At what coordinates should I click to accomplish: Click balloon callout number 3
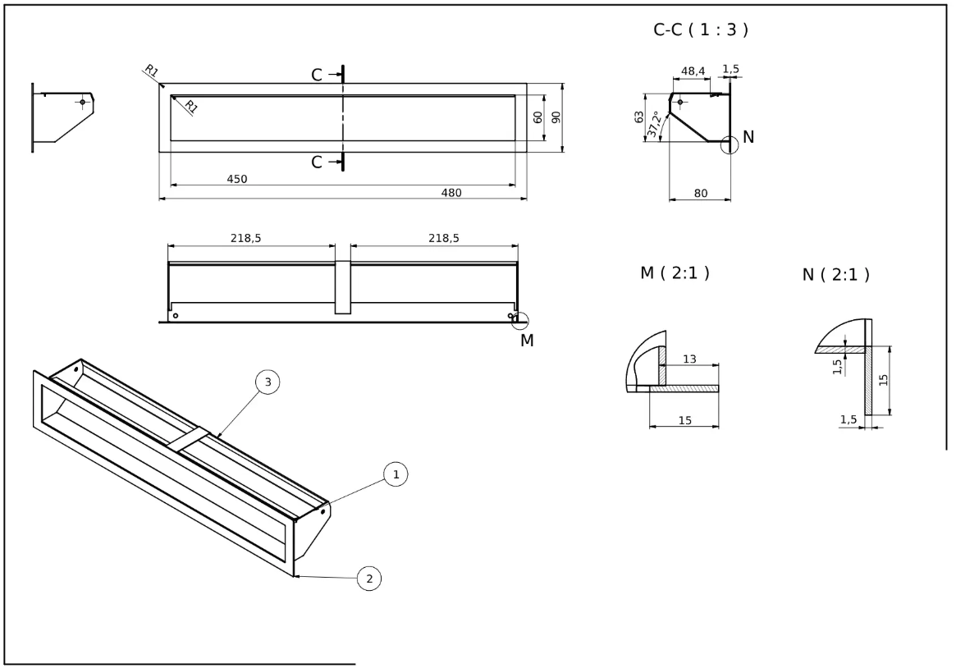(x=268, y=382)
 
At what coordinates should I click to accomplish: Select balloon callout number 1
(x=396, y=474)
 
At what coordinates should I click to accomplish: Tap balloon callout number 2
(x=369, y=579)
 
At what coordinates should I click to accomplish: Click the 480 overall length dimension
(x=451, y=193)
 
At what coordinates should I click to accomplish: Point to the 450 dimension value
(x=237, y=179)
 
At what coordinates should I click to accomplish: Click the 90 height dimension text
(x=556, y=117)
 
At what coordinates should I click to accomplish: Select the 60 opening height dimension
(x=538, y=117)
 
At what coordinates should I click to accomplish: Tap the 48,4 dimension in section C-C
(x=693, y=72)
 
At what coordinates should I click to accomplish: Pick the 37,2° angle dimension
(x=654, y=124)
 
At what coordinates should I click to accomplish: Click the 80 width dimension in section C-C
(x=701, y=194)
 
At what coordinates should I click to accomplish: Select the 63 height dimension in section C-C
(x=639, y=117)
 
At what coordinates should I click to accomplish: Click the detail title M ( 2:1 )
(x=675, y=272)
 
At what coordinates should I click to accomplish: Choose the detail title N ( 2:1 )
(x=835, y=275)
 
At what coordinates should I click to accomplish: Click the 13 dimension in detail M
(x=689, y=359)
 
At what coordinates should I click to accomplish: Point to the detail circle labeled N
(x=730, y=144)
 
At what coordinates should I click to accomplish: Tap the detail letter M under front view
(x=526, y=340)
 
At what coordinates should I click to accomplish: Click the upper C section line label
(x=318, y=75)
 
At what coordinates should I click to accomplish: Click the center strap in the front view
(x=342, y=287)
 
